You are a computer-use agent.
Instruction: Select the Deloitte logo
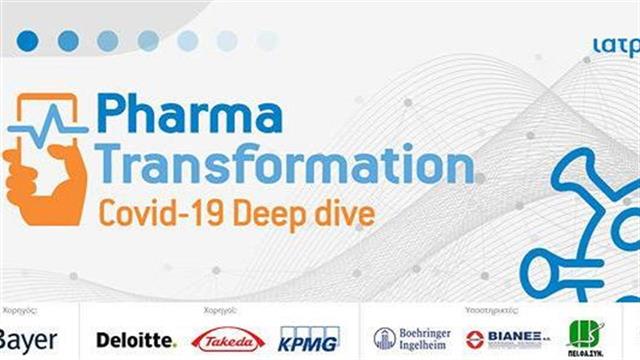pos(136,340)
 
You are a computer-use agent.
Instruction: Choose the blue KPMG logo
pos(310,339)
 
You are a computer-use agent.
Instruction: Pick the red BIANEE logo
pos(504,339)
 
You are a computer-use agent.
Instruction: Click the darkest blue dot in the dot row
pos(28,40)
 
